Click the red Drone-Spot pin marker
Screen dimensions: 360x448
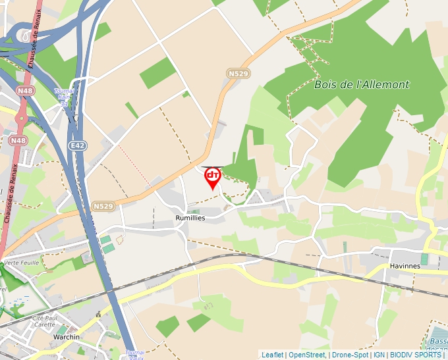click(x=212, y=177)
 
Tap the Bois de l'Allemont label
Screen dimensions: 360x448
click(x=362, y=84)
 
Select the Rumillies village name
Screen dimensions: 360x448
click(x=190, y=217)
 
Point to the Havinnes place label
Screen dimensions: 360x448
click(x=405, y=266)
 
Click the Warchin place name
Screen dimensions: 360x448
click(x=67, y=337)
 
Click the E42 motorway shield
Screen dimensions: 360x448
click(x=77, y=145)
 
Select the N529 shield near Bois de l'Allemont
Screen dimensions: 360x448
click(x=238, y=74)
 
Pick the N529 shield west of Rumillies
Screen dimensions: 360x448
click(x=103, y=206)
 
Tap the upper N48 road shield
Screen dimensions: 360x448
click(x=25, y=90)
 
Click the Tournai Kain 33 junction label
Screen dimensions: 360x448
click(x=64, y=97)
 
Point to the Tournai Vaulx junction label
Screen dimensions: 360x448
click(x=134, y=355)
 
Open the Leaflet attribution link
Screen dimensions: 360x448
click(x=272, y=355)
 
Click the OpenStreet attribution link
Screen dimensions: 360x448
click(x=307, y=355)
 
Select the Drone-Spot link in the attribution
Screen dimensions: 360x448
click(x=350, y=355)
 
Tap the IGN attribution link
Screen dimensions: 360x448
click(x=379, y=355)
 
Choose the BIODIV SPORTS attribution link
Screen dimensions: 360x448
click(x=415, y=355)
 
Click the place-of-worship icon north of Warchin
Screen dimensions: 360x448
click(x=98, y=315)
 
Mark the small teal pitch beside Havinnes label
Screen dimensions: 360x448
click(x=424, y=259)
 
